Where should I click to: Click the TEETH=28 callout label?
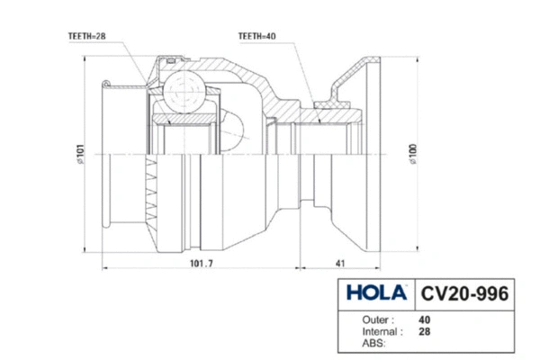coord(87,36)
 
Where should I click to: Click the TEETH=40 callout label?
coord(257,36)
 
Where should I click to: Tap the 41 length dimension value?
coord(340,265)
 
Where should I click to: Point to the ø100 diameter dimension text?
coord(415,155)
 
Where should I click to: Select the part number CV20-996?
coord(465,294)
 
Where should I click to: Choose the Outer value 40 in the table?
coord(424,319)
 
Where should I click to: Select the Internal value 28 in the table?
coord(424,330)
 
